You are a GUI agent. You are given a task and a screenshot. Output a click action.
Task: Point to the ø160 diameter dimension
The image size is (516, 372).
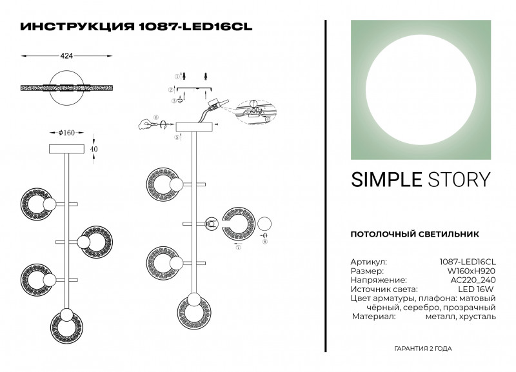[66, 133]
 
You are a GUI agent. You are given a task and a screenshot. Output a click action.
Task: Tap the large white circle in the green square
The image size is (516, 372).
[422, 90]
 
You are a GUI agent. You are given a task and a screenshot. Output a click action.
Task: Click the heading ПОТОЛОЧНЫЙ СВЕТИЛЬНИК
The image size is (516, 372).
[413, 233]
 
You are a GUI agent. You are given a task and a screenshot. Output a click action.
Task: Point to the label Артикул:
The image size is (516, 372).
[369, 262]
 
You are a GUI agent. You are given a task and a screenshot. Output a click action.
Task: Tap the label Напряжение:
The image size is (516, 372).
[379, 280]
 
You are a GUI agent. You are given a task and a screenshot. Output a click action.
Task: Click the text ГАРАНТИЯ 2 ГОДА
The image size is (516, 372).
[422, 349]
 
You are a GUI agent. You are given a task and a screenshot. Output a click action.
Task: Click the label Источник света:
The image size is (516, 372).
[384, 290]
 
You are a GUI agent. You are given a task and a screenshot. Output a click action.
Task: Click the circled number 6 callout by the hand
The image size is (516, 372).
[155, 118]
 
